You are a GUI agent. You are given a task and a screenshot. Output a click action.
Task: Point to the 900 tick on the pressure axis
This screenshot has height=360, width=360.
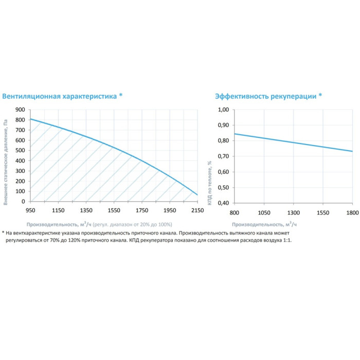coord(20,110)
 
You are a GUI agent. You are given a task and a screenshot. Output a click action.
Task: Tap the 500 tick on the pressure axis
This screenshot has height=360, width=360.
coord(20,150)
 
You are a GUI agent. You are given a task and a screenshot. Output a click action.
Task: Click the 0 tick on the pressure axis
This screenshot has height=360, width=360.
coord(23,201)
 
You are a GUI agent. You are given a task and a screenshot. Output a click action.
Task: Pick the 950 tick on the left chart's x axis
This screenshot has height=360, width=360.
coord(30,210)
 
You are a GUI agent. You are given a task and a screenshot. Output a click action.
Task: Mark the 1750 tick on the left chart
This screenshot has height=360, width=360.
coord(141,210)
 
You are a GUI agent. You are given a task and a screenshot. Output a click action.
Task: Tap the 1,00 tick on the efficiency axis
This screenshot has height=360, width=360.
coord(223,110)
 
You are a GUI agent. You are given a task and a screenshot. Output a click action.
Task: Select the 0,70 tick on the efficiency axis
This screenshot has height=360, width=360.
coord(223,156)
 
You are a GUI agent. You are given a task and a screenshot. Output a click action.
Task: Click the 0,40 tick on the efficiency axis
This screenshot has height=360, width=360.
coord(223,203)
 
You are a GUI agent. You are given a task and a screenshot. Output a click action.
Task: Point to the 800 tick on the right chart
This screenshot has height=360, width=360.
coord(234,212)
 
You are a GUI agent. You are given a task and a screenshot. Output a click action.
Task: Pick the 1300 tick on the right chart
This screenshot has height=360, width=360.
coord(293,212)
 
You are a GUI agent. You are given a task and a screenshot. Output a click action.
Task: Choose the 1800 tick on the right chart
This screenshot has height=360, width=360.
coord(352,212)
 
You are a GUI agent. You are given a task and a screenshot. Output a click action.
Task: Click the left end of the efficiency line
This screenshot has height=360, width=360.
coord(235,134)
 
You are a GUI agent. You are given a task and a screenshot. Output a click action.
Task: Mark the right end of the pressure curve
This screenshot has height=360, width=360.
coord(197,195)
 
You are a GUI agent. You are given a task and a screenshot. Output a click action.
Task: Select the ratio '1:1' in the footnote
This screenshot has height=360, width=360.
coord(286,241)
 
